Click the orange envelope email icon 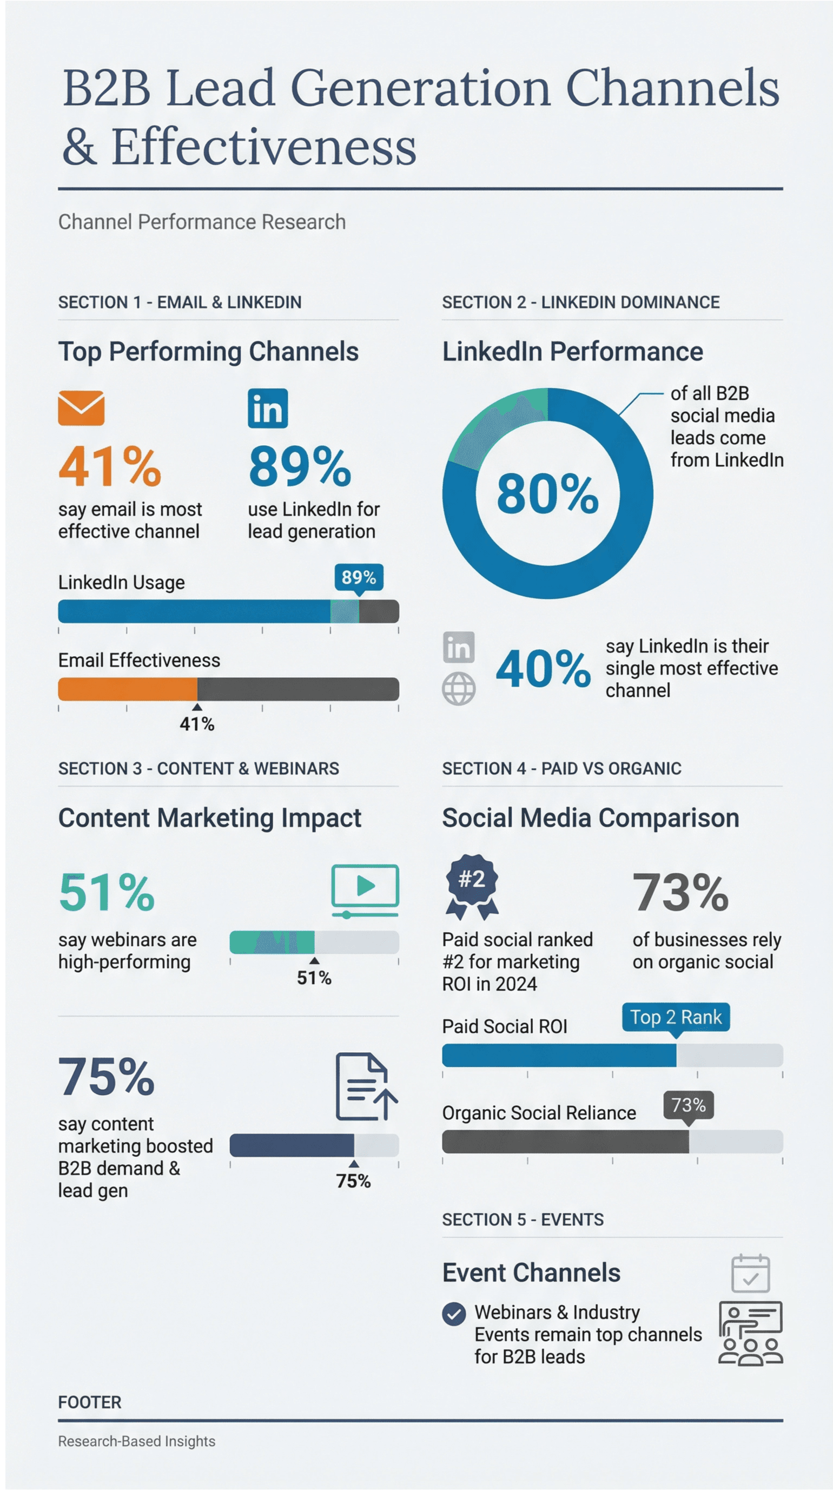click(x=81, y=408)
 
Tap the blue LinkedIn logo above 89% click(x=267, y=408)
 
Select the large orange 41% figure click(x=109, y=466)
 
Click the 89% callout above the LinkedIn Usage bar click(x=359, y=577)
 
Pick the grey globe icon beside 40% click(x=459, y=688)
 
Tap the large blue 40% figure click(x=543, y=669)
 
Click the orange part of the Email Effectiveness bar click(x=127, y=689)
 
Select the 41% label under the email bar click(x=197, y=723)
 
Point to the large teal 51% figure click(x=107, y=892)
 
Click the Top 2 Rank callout click(x=676, y=1017)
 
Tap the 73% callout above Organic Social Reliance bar click(x=689, y=1105)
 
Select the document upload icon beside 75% click(x=366, y=1087)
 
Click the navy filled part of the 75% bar click(x=292, y=1145)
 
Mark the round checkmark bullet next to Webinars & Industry click(x=454, y=1314)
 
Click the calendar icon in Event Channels click(x=750, y=1273)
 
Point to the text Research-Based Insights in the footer click(x=136, y=1441)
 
